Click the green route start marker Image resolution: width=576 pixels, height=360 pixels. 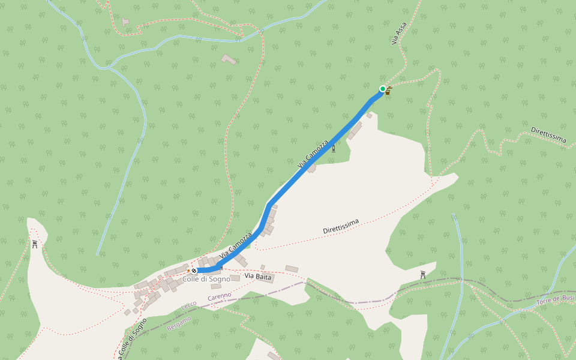coord(383,89)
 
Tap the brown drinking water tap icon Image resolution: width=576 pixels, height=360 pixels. coord(389,91)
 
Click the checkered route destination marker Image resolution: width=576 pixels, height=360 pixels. coord(194,271)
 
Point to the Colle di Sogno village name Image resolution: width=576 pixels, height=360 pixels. coord(206,279)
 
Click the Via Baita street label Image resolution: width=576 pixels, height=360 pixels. coord(258,277)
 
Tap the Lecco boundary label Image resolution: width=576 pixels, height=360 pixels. coord(189,308)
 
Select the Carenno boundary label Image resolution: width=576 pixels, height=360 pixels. coord(220,296)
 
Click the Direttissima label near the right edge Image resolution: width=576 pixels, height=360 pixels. coord(548,135)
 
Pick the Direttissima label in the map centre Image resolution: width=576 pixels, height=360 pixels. coord(341,226)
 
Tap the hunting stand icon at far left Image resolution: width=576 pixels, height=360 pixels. coord(34,244)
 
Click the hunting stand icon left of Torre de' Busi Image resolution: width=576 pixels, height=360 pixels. coord(423,275)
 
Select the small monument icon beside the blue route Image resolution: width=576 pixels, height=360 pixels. coord(334,148)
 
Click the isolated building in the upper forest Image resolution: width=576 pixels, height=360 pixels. coord(229,59)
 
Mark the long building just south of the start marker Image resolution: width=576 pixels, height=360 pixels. coord(355,130)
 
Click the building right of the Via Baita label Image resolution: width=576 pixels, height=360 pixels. coord(292,269)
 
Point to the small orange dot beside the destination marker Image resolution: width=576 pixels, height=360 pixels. coord(188,271)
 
